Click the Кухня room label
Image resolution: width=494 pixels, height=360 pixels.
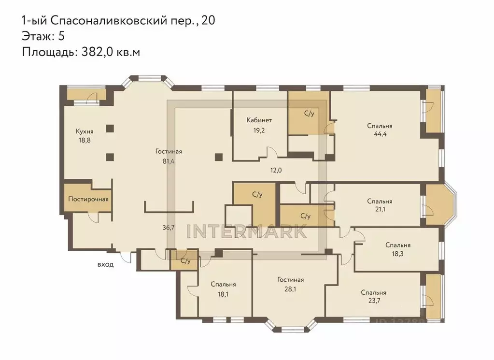(x=84, y=131)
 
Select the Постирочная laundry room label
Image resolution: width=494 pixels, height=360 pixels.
(x=88, y=199)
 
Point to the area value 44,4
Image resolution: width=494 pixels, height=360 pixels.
(x=379, y=135)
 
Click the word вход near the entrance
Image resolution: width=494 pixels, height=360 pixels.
(x=105, y=264)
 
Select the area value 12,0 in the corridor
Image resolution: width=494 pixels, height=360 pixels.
(x=276, y=170)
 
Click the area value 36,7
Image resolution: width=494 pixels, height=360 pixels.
(x=168, y=227)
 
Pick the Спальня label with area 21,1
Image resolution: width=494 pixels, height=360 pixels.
(x=379, y=201)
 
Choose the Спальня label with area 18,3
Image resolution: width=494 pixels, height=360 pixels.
(x=398, y=245)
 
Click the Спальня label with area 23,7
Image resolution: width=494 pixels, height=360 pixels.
(x=373, y=292)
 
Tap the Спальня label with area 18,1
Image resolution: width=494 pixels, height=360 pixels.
(x=223, y=285)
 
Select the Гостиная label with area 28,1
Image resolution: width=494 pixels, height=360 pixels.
(x=290, y=280)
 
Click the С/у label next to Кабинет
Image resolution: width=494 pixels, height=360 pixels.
(x=309, y=114)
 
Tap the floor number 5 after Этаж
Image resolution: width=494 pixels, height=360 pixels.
(x=61, y=36)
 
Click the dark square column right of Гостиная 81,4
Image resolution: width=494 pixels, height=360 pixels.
(x=219, y=156)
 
